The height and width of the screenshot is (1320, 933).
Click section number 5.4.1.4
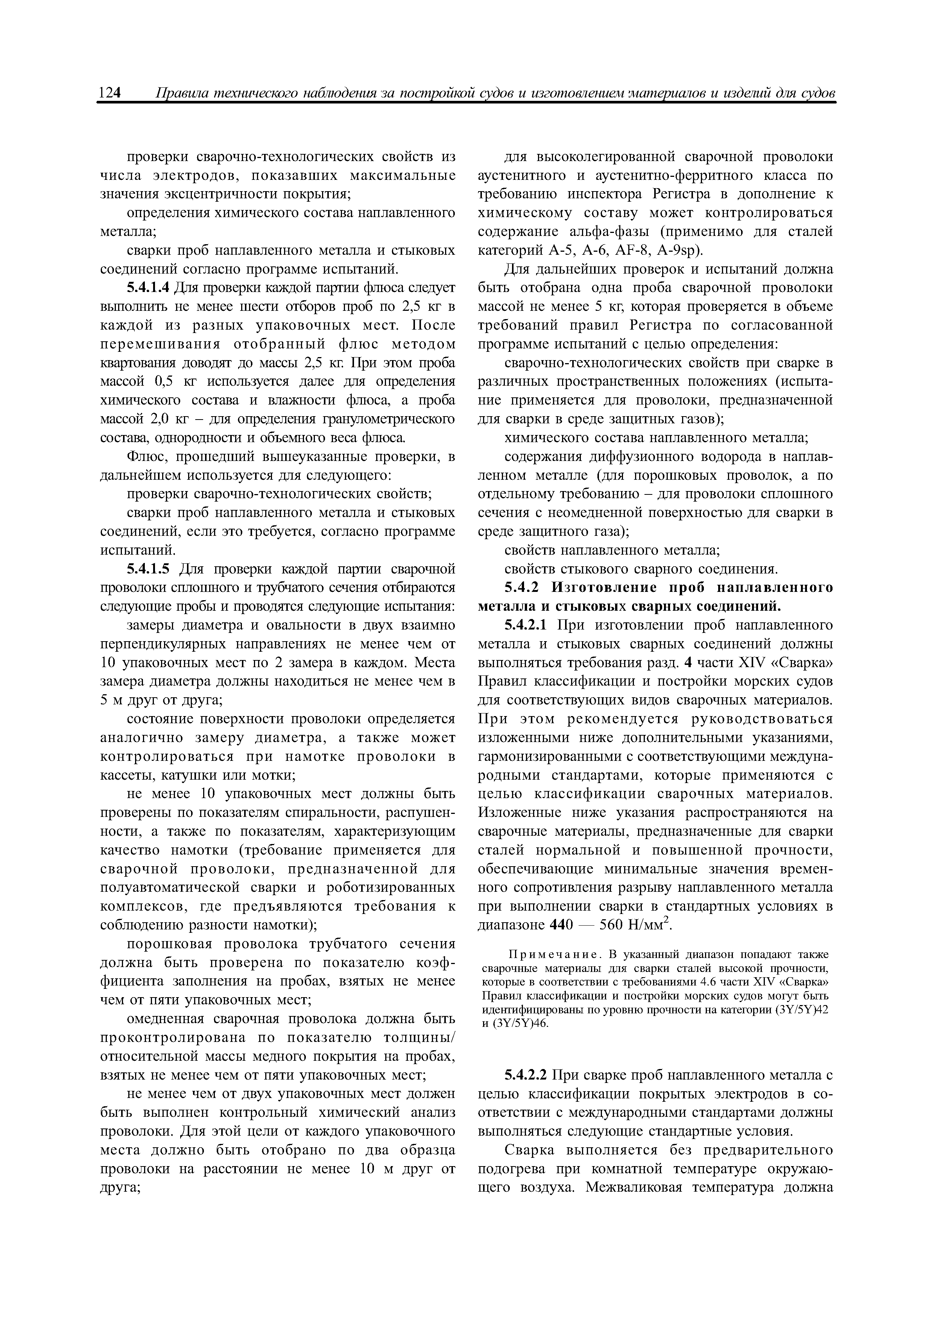(148, 288)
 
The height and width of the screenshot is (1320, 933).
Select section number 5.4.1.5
(148, 569)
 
